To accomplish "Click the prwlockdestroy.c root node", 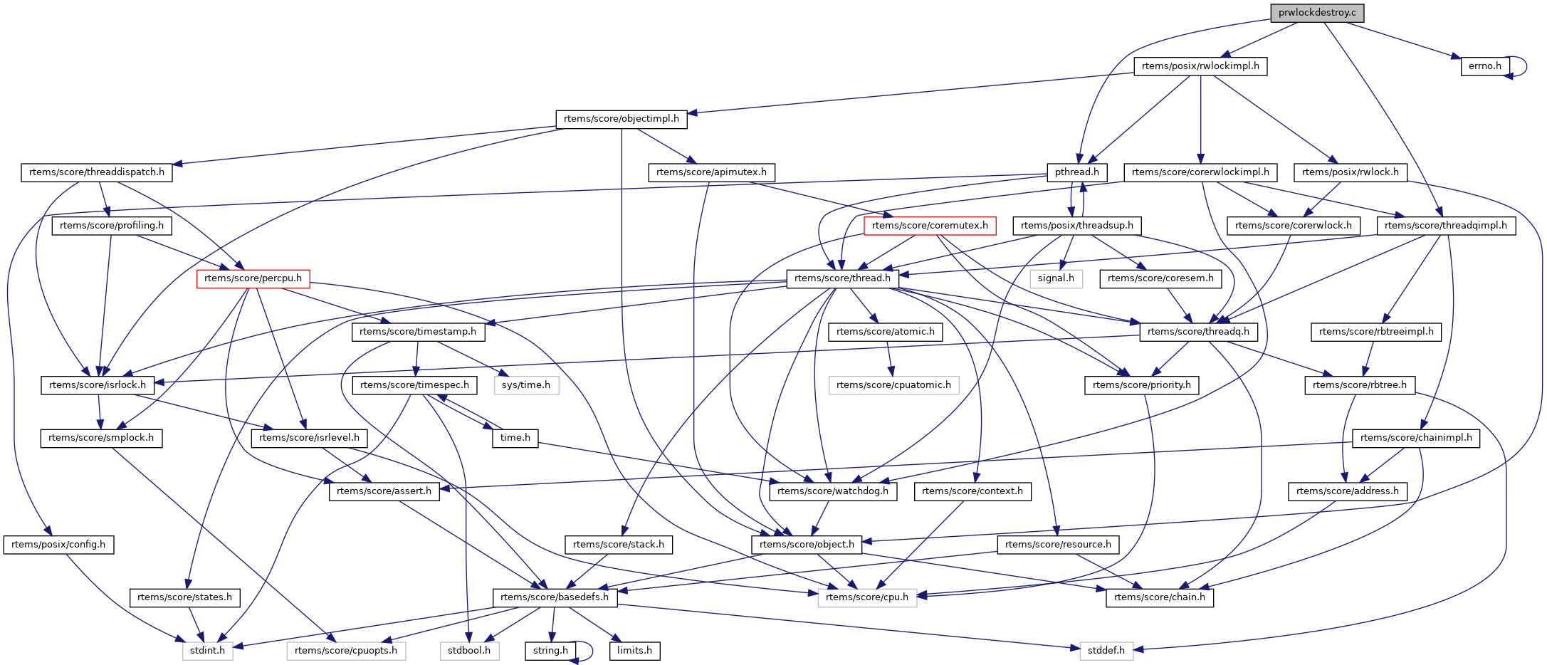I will [x=1317, y=13].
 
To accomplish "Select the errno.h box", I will [x=1484, y=66].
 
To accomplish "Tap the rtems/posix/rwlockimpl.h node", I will [x=1200, y=66].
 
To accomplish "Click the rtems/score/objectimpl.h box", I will [x=621, y=119].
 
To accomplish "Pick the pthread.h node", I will [x=1077, y=172].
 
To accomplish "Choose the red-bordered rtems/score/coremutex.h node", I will [x=930, y=226].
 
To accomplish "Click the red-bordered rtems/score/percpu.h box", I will [x=253, y=278].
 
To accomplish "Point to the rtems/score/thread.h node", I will [x=842, y=278].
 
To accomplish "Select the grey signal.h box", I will [x=1056, y=278].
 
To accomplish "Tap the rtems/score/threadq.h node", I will [x=1198, y=332].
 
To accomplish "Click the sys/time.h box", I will [x=526, y=385].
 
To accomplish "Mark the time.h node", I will [x=515, y=438].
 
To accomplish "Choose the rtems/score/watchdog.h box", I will [x=833, y=491].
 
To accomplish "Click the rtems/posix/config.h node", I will [x=58, y=545].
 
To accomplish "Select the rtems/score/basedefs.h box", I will [x=555, y=597].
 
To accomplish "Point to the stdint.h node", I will [x=207, y=651].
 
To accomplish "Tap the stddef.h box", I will [x=1106, y=651].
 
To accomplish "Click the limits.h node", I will [x=634, y=651].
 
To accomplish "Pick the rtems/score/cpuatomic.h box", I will [x=893, y=385].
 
